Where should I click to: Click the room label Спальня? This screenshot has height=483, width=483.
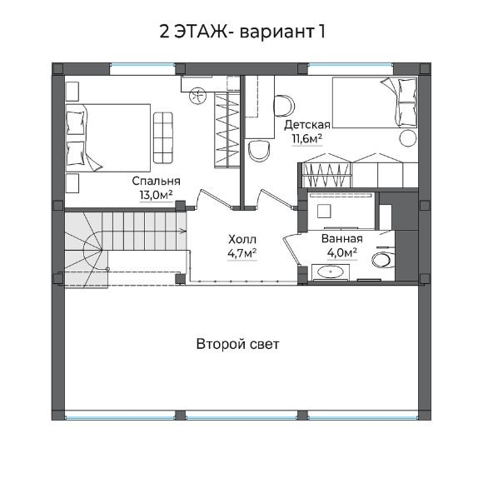[157, 182]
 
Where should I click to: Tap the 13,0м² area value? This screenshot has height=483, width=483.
[157, 196]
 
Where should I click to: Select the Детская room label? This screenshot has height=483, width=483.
[307, 125]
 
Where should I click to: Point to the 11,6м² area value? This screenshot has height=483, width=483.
[307, 139]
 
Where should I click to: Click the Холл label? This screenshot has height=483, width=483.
[242, 239]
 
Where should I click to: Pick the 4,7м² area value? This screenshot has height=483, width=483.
[242, 253]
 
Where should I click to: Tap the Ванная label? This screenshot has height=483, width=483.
[342, 238]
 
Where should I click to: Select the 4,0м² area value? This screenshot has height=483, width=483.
[342, 253]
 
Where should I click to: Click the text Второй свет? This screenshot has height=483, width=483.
[238, 344]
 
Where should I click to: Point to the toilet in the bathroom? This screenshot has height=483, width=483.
[384, 259]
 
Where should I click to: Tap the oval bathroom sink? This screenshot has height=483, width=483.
[331, 272]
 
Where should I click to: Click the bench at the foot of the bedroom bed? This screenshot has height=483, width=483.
[163, 137]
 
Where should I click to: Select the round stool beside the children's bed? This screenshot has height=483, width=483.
[409, 138]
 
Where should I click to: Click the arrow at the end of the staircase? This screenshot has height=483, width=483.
[182, 231]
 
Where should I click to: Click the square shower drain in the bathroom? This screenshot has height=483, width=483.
[324, 211]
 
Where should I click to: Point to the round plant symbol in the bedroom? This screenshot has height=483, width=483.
[197, 96]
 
